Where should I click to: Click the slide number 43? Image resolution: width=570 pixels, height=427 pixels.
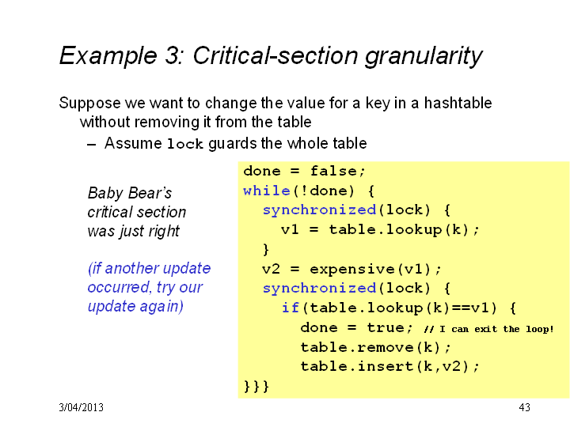tap(524, 407)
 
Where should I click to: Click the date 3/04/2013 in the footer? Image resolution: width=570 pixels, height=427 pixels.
tap(81, 407)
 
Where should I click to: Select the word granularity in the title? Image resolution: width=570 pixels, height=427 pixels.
tap(424, 56)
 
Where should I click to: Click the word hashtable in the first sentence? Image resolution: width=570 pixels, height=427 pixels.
tap(458, 103)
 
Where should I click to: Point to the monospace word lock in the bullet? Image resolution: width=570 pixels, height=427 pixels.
tap(184, 144)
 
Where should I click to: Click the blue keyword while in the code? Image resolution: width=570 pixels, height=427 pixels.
tap(267, 191)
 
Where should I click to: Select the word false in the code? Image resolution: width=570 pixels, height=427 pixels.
tap(333, 171)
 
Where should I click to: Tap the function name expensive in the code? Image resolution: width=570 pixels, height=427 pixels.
tap(351, 270)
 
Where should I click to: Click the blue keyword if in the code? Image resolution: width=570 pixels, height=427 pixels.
tap(291, 308)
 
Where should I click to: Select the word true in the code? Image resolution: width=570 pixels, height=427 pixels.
tap(386, 327)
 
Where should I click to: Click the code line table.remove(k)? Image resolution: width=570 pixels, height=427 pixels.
tap(375, 347)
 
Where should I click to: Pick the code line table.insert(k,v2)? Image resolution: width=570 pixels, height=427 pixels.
tap(389, 366)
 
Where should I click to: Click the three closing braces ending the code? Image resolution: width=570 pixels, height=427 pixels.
tap(256, 386)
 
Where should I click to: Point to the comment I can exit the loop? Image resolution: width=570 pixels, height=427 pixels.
tap(496, 329)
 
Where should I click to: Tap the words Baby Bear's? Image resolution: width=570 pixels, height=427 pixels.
tap(130, 193)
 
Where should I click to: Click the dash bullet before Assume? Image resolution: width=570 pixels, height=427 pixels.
tap(92, 145)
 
